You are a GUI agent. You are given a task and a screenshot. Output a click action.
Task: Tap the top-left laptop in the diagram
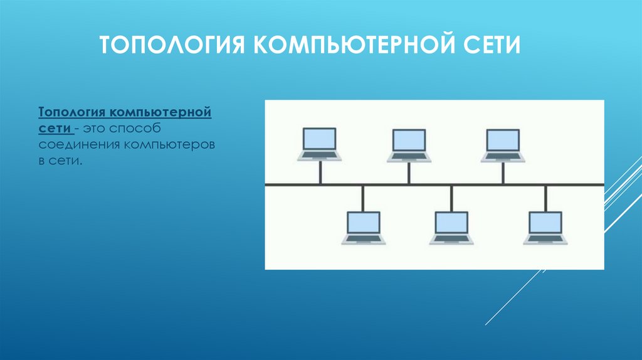coord(320,145)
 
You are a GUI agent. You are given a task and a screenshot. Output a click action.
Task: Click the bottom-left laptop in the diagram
coord(364,227)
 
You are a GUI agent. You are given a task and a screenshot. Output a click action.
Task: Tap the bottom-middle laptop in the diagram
coord(451,227)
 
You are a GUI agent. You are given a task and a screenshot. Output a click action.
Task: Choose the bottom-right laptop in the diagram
coord(545,227)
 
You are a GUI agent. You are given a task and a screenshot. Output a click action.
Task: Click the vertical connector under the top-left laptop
coord(320,173)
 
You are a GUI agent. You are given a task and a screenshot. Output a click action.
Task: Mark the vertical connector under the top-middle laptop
coord(409,173)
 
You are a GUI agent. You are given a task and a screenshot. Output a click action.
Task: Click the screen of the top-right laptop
coord(503,140)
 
